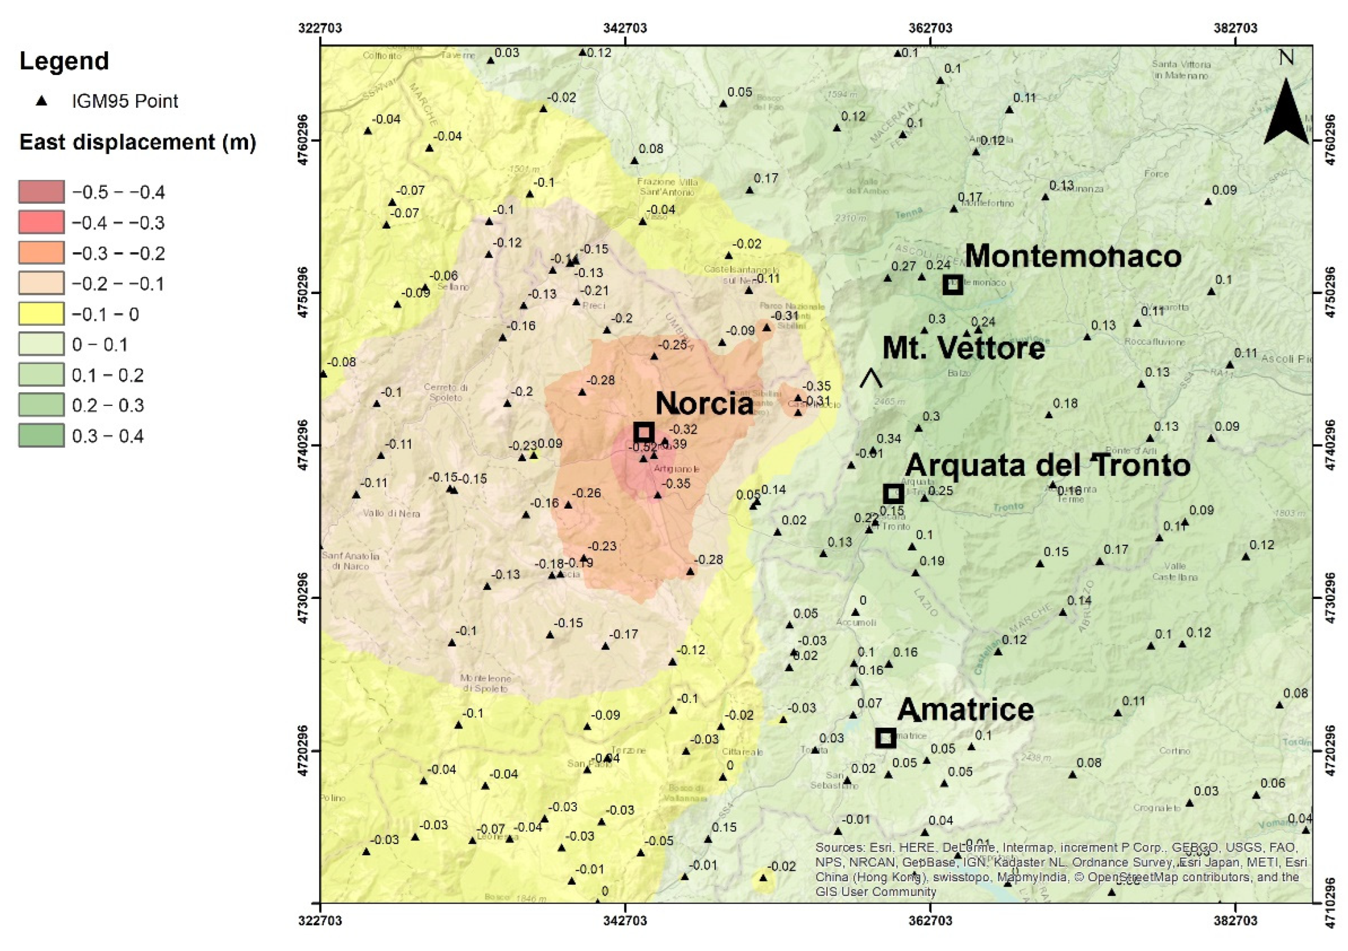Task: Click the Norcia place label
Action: point(704,404)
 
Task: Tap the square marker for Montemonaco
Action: point(952,285)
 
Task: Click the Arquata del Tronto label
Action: point(1048,466)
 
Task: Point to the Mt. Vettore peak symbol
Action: point(871,379)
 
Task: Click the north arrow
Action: point(1286,111)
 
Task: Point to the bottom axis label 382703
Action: point(1235,921)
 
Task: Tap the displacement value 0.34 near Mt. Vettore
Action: point(888,439)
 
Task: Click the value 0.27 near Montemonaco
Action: point(903,266)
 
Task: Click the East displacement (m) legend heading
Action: point(138,143)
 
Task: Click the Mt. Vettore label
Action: point(963,348)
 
